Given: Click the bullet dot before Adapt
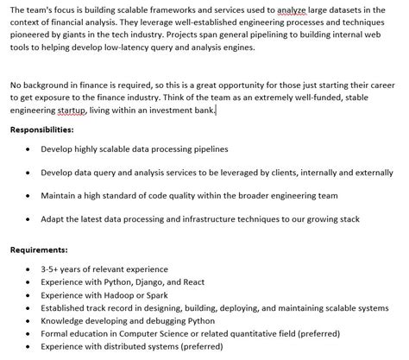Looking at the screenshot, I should click(x=28, y=219).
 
